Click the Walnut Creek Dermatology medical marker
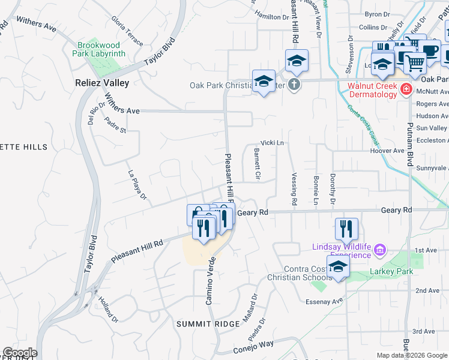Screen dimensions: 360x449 tap(406, 89)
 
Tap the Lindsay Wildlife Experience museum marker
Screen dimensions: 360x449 tap(379, 249)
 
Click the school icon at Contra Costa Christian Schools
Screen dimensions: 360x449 tap(338, 267)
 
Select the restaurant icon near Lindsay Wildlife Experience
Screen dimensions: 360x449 tap(346, 229)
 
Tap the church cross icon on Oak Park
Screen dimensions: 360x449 tap(294, 84)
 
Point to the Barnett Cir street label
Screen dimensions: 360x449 tap(256, 164)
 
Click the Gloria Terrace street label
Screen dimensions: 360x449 tap(127, 31)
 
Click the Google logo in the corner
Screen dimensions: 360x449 tap(19, 353)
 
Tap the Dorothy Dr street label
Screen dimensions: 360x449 tap(332, 189)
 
